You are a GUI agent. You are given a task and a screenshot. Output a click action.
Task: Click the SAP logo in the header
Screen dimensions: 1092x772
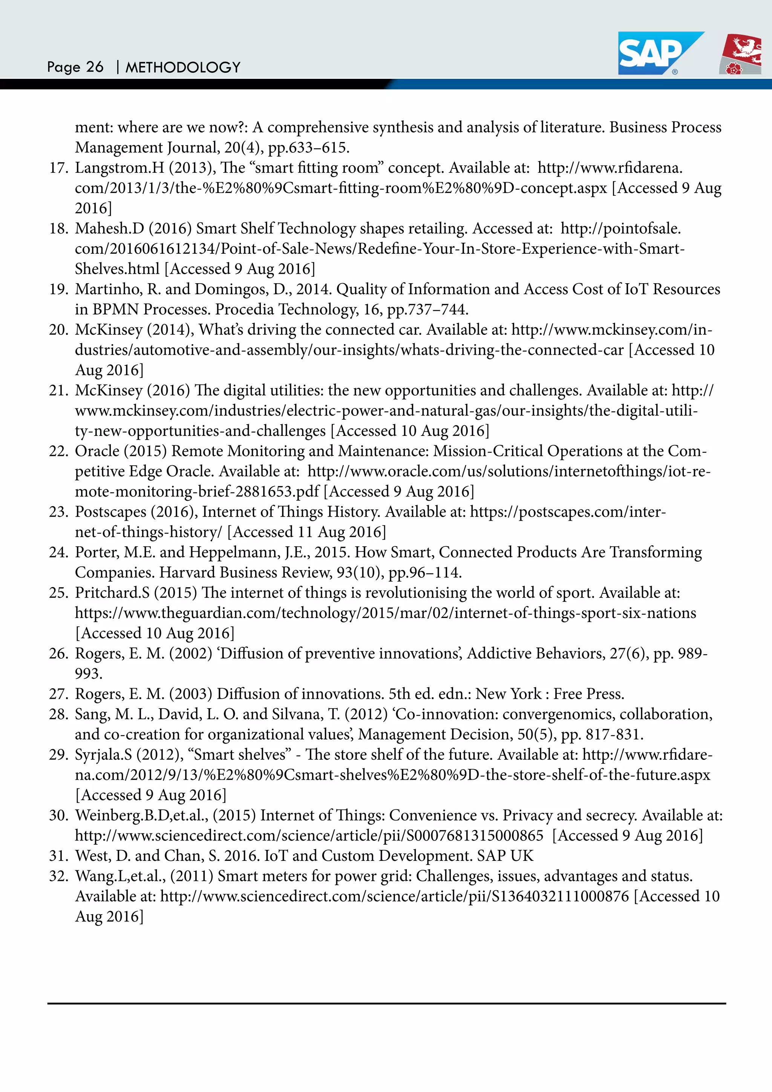(656, 53)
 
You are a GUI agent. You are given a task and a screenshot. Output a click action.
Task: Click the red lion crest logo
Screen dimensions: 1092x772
(741, 54)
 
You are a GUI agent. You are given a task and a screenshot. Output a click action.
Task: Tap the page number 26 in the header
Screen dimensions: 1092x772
(95, 67)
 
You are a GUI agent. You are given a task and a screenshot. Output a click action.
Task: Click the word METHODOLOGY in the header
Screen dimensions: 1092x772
(183, 67)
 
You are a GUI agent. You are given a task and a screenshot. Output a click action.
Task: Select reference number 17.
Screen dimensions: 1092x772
(58, 168)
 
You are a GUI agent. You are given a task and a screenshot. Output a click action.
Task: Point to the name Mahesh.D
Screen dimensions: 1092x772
(109, 229)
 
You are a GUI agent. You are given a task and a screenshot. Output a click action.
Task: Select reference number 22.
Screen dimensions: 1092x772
(58, 451)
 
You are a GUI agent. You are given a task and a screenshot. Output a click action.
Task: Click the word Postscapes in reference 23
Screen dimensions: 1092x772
(110, 512)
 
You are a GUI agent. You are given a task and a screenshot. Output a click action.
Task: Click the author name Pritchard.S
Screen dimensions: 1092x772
(112, 593)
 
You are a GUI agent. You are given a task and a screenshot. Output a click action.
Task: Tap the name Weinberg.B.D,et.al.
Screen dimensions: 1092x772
(142, 815)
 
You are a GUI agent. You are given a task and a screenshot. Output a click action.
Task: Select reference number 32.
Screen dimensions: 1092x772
(58, 876)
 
